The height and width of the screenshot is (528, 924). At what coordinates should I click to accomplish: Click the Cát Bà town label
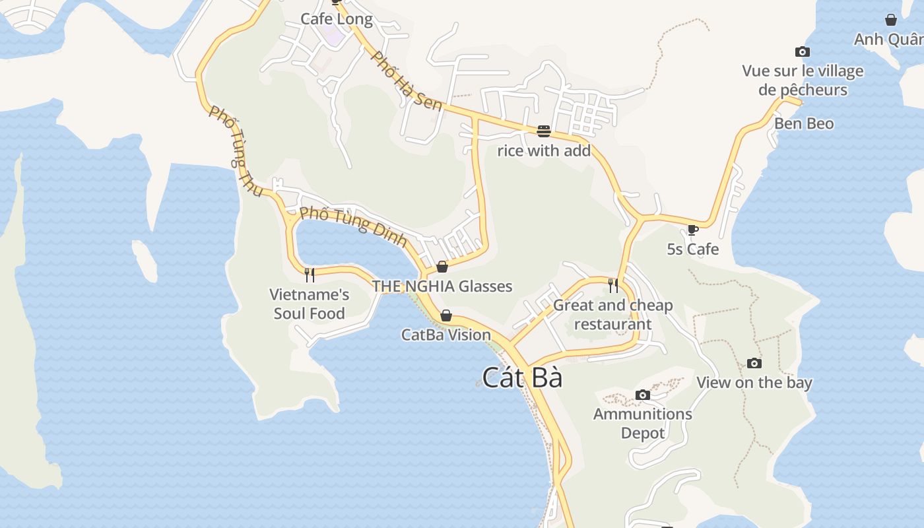(x=522, y=378)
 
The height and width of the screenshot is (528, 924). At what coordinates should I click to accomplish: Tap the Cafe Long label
(x=337, y=19)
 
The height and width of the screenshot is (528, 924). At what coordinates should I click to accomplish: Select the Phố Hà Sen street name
(x=407, y=81)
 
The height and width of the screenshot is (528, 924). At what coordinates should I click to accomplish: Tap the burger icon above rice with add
(x=543, y=131)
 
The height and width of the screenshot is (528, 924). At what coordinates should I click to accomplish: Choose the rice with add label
(x=543, y=150)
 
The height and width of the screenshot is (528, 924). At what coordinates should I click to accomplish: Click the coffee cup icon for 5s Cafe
(x=692, y=230)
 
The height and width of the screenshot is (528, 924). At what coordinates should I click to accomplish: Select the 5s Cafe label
(x=692, y=249)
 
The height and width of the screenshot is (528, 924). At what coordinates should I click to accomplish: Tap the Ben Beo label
(x=804, y=123)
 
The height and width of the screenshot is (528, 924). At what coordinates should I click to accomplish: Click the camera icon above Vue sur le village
(x=802, y=51)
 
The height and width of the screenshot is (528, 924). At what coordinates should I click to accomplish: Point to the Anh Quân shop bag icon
(x=890, y=20)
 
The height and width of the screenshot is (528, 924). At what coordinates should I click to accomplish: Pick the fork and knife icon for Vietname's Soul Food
(x=309, y=275)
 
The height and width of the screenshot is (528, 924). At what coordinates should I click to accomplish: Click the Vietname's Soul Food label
(x=309, y=304)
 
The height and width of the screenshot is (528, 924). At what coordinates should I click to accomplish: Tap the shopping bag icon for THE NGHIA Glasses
(x=442, y=267)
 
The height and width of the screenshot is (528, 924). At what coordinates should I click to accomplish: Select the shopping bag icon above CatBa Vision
(x=446, y=315)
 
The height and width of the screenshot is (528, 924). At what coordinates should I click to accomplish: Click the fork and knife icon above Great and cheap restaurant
(x=613, y=285)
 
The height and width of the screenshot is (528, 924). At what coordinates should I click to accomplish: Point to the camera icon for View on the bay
(x=754, y=363)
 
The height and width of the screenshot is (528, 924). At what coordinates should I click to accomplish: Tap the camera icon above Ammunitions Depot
(x=642, y=395)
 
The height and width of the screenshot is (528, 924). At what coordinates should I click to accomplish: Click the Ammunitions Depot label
(x=642, y=423)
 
